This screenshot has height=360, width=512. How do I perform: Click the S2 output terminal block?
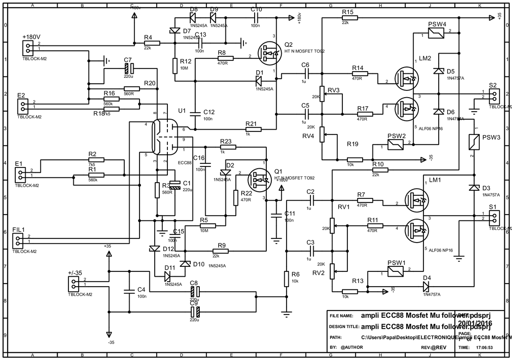pyautogui.click(x=494, y=95)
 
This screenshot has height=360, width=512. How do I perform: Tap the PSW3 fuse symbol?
pyautogui.click(x=473, y=142)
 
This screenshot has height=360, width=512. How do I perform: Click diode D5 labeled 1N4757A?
pyautogui.click(x=436, y=71)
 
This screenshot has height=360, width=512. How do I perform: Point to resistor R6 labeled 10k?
pyautogui.click(x=286, y=279)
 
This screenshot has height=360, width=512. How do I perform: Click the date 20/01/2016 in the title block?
pyautogui.click(x=475, y=323)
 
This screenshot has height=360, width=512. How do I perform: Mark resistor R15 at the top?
pyautogui.click(x=350, y=18)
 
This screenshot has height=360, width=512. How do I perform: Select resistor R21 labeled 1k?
pyautogui.click(x=253, y=130)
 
